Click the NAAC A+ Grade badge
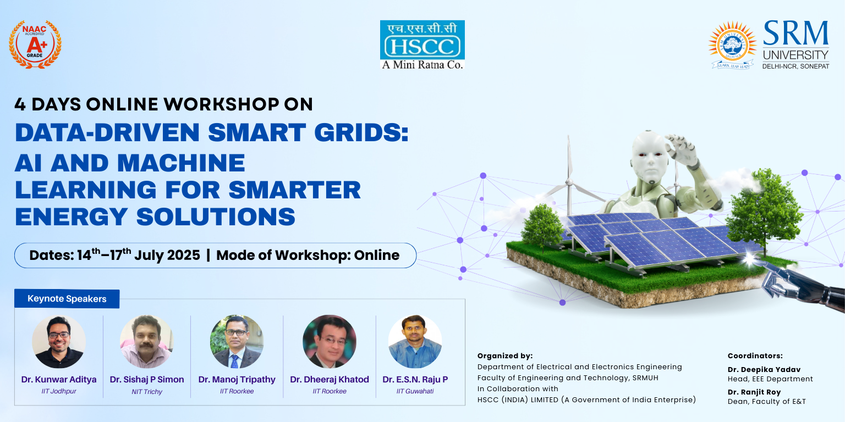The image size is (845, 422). pos(35,45)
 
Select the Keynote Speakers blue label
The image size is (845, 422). pos(67,299)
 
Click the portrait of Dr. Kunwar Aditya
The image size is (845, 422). pos(59,341)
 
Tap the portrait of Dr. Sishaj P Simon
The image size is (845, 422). pos(146,341)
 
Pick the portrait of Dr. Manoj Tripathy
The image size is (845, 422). pos(237,341)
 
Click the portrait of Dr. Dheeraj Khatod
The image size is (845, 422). pos(330,341)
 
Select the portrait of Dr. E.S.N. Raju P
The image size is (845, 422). pos(415,341)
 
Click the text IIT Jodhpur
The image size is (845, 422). pos(59,391)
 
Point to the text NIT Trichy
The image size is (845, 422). pos(147,392)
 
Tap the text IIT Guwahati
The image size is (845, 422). pos(415,391)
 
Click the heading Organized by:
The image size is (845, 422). pos(504,356)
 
